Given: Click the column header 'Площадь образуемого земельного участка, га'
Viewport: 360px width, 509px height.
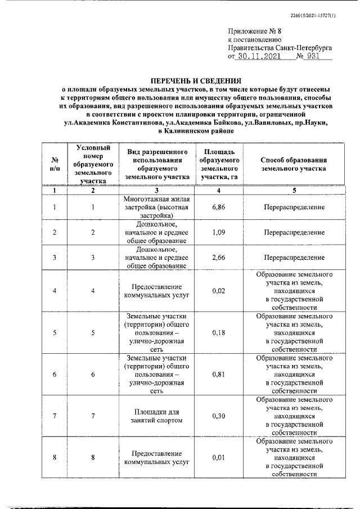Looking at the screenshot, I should [x=219, y=164].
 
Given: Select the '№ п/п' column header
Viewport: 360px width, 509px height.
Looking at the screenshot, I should [x=55, y=164].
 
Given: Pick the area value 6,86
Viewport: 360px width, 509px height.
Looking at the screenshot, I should [x=219, y=207].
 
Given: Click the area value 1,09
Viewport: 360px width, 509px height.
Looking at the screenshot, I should [x=219, y=232].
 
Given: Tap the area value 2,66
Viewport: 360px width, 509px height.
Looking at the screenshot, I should [x=219, y=258].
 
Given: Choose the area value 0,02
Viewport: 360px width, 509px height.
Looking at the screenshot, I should [x=219, y=291].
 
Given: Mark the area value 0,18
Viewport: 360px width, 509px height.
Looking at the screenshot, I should [x=219, y=332].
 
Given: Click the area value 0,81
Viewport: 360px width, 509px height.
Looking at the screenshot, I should [x=219, y=374].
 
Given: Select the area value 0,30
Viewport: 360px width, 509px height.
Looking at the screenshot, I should [x=219, y=416].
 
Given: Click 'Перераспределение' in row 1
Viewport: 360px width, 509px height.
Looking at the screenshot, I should [x=294, y=207].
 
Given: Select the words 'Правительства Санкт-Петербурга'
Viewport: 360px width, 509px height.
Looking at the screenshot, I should [x=280, y=48].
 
